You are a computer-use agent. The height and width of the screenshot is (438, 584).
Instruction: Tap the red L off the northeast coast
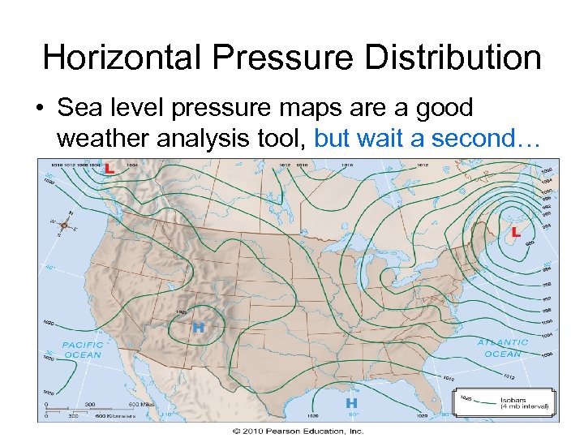click(515, 232)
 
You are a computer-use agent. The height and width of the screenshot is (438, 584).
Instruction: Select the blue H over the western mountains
click(198, 328)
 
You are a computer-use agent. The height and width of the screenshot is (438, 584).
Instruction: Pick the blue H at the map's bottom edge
click(352, 402)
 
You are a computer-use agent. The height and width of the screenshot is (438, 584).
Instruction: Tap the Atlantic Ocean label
click(504, 348)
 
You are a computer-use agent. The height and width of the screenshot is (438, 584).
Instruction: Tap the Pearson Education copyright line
click(298, 431)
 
